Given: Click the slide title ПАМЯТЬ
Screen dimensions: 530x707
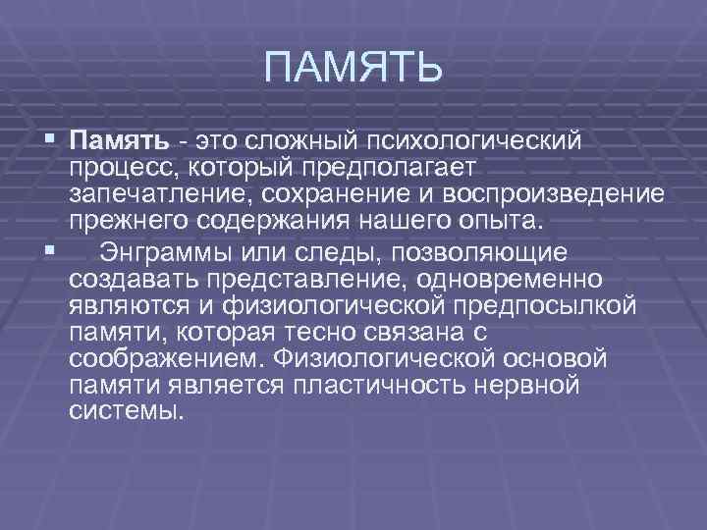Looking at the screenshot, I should (x=354, y=70).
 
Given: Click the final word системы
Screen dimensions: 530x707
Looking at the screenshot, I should (x=127, y=409).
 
